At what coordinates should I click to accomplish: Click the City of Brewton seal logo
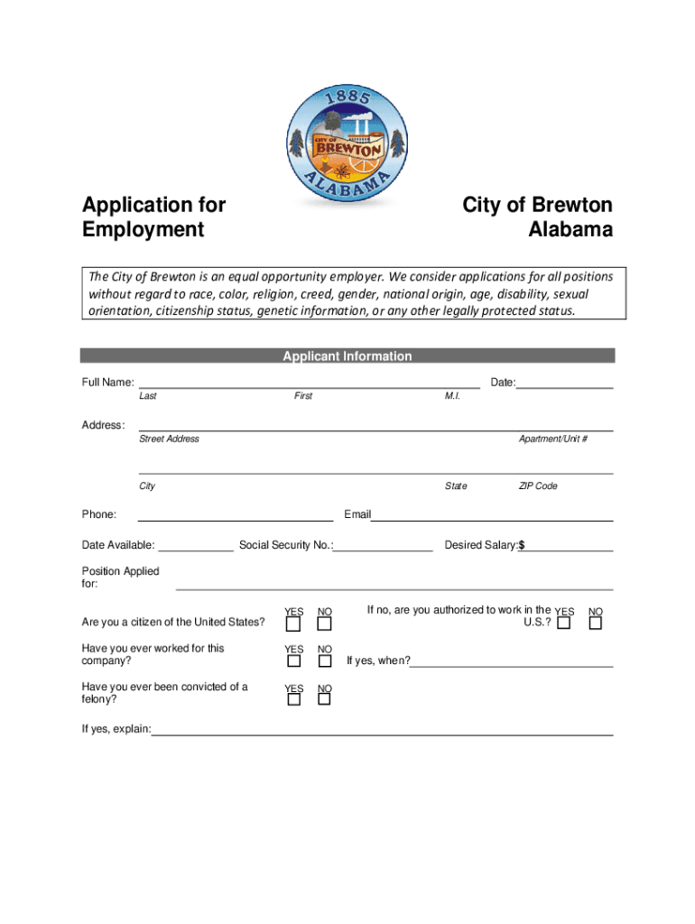[x=347, y=144]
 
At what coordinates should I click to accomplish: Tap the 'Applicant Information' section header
[x=347, y=356]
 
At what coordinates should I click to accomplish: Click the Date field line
[x=564, y=386]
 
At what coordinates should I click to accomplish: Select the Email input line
[x=492, y=519]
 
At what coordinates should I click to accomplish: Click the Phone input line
[x=235, y=519]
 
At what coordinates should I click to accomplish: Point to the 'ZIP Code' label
[x=538, y=486]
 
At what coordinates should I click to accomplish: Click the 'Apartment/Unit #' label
[x=553, y=439]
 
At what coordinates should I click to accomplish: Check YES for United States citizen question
[x=293, y=624]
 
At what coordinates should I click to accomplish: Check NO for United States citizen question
[x=325, y=624]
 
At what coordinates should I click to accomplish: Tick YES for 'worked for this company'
[x=293, y=661]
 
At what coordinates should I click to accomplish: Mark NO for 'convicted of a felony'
[x=325, y=700]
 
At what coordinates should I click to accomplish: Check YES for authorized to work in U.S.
[x=563, y=624]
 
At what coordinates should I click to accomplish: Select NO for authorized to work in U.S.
[x=595, y=624]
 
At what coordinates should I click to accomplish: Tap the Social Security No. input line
[x=383, y=549]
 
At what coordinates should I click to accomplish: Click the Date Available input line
[x=195, y=549]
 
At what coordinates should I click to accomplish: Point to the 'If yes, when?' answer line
[x=512, y=665]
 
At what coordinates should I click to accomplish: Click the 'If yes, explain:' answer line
[x=382, y=734]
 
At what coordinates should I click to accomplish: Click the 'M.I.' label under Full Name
[x=452, y=396]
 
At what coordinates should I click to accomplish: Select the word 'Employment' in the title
[x=143, y=230]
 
